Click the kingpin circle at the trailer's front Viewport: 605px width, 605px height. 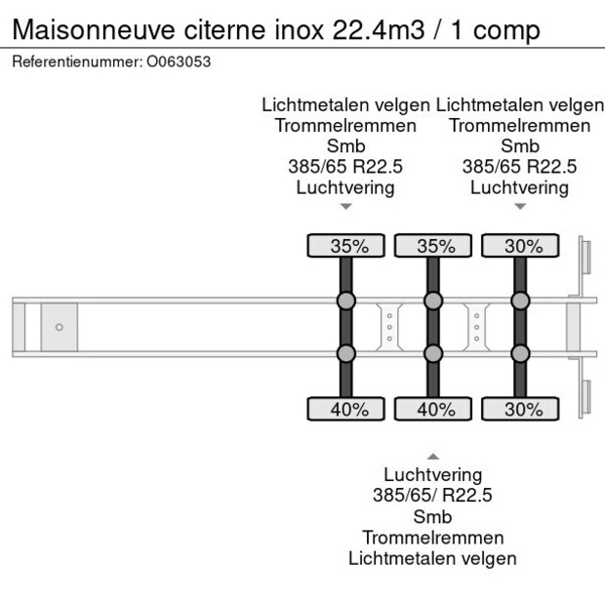(59, 327)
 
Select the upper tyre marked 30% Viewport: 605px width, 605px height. (520, 246)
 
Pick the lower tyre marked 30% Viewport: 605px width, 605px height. (520, 410)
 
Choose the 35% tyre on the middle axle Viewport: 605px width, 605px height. (433, 246)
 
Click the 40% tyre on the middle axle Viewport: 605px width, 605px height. (433, 410)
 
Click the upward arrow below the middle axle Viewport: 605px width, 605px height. (433, 456)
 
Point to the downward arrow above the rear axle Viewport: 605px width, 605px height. (520, 206)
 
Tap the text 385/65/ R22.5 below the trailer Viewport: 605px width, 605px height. (433, 496)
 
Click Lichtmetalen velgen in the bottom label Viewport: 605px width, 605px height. (433, 558)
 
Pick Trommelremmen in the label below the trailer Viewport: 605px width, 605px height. (433, 538)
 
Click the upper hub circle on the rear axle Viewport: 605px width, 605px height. (520, 300)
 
